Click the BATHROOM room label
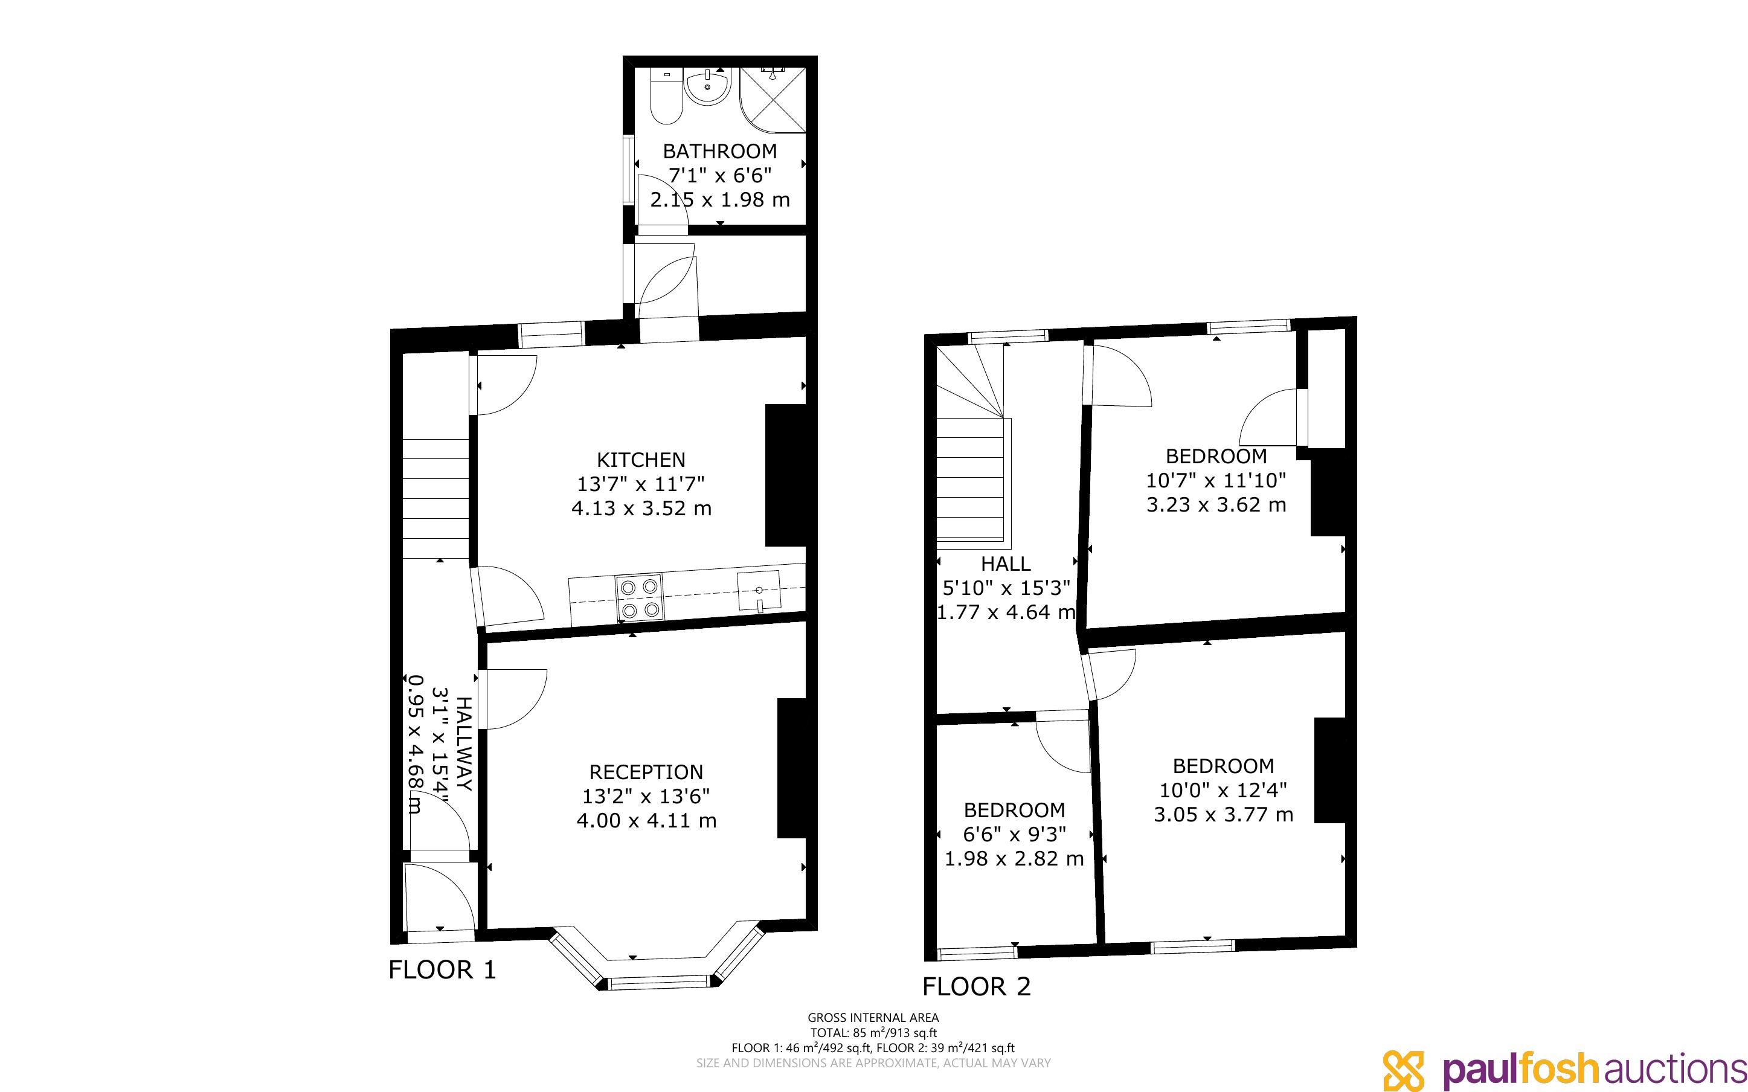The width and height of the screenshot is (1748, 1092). [720, 152]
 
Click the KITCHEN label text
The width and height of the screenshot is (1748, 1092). [641, 460]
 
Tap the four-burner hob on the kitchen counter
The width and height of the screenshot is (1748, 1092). [640, 598]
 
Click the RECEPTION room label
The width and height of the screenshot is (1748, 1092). [646, 772]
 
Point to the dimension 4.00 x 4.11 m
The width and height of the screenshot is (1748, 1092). [646, 820]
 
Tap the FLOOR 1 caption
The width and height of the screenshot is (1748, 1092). [443, 969]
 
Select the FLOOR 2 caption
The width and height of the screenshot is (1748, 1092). [977, 986]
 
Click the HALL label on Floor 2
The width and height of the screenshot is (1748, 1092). [1006, 564]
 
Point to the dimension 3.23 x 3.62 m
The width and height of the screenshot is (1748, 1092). [1216, 504]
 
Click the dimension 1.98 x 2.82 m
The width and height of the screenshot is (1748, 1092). [1015, 858]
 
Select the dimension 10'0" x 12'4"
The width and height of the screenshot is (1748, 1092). [1223, 790]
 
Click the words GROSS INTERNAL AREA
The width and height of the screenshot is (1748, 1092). [873, 1018]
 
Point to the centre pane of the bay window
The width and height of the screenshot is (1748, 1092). [658, 981]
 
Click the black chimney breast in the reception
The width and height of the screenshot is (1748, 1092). [791, 768]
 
